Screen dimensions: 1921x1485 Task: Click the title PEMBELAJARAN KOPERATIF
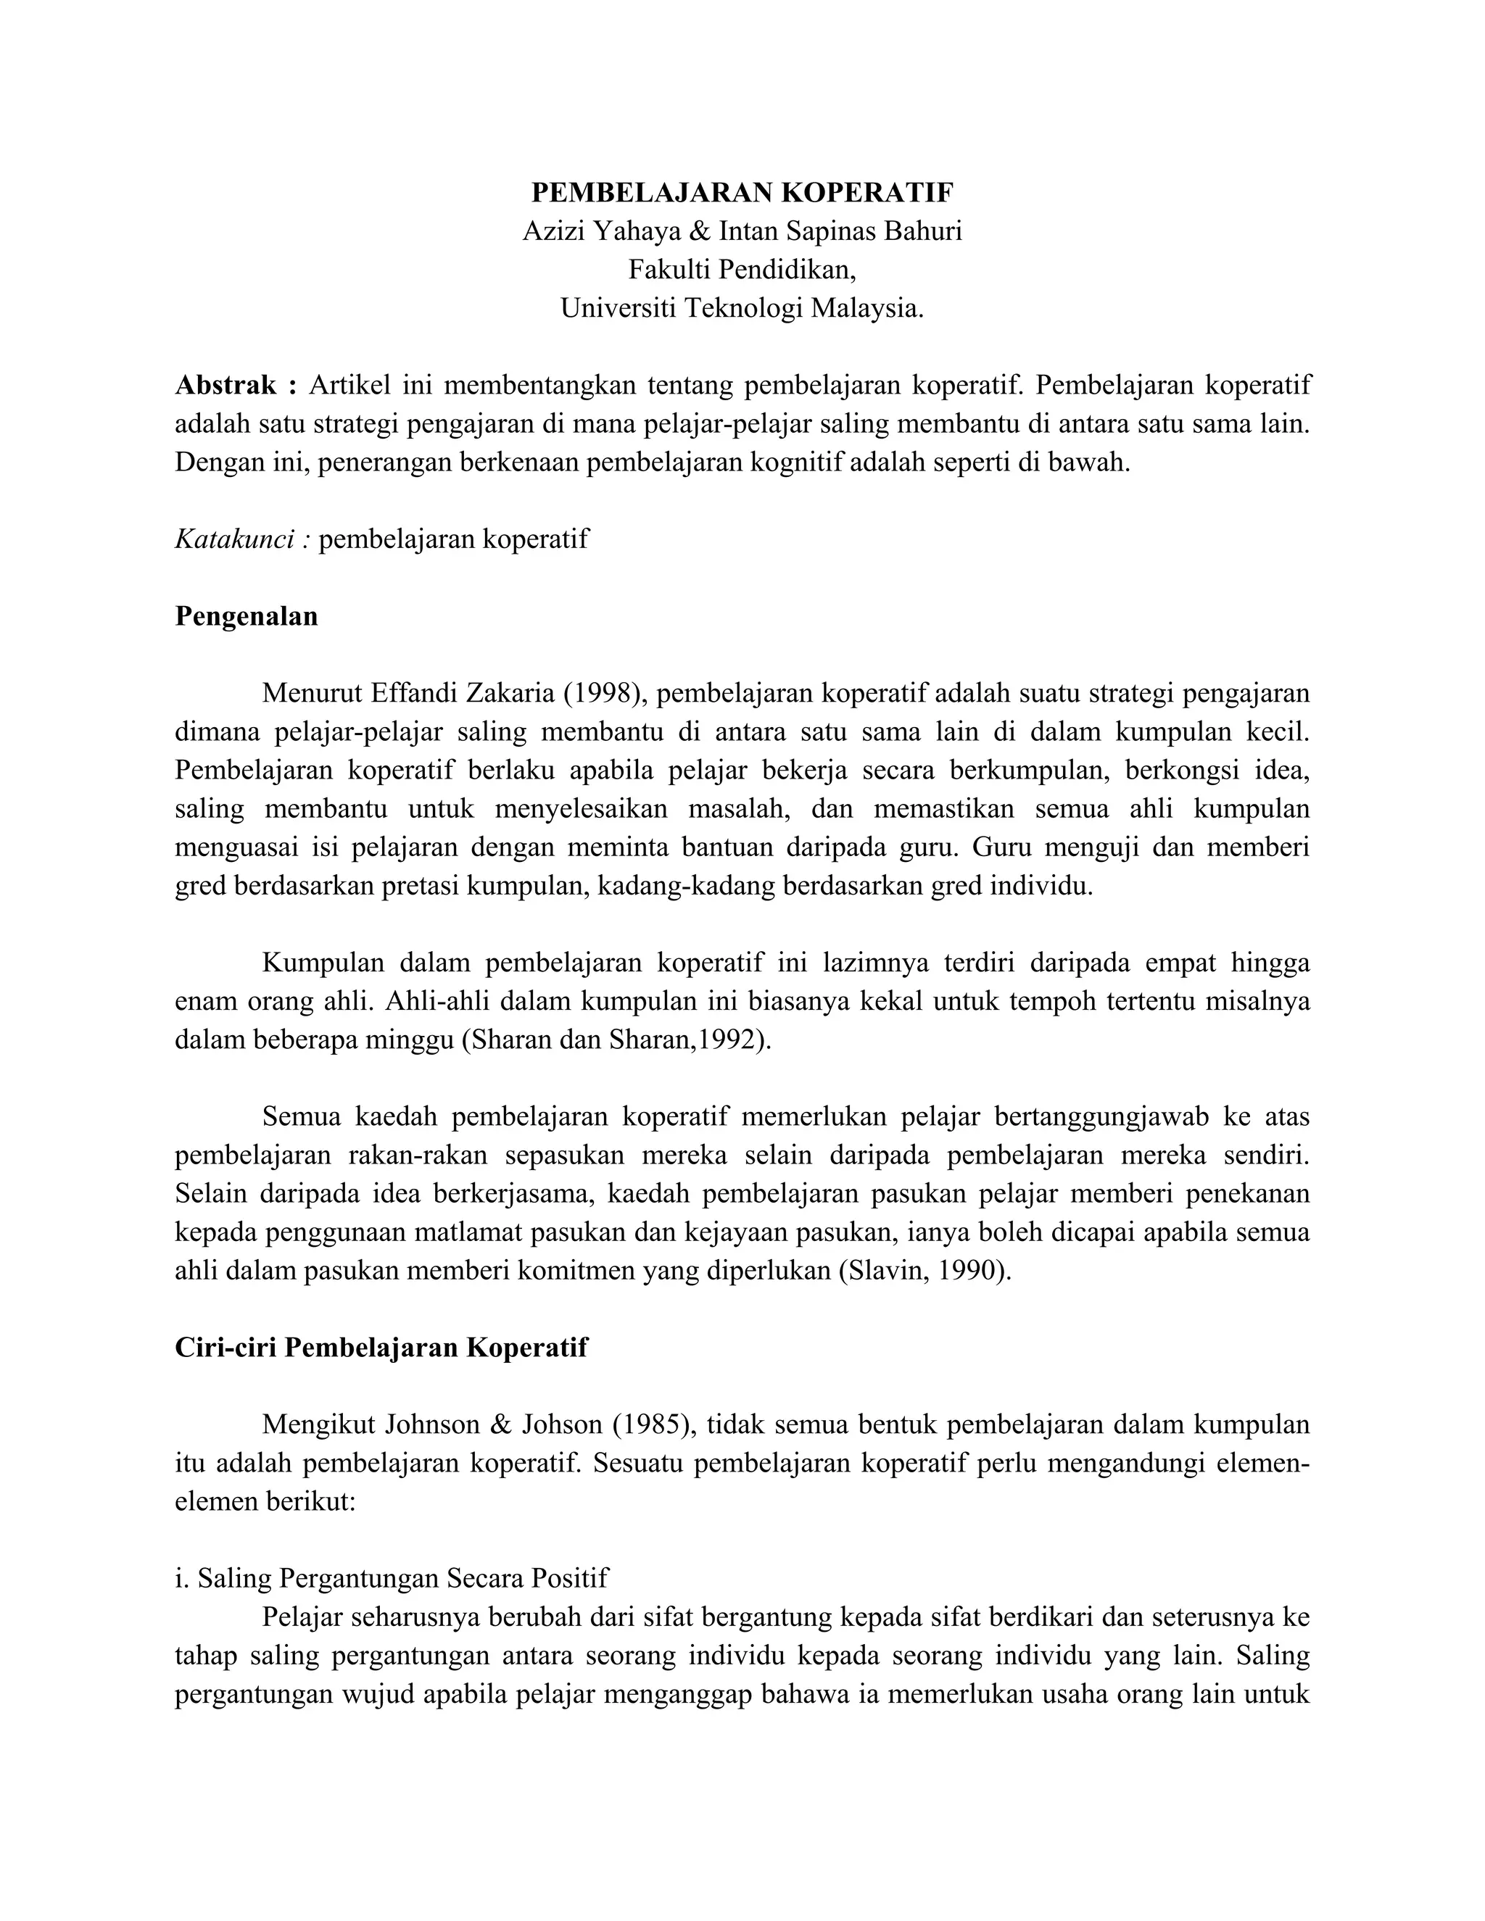pyautogui.click(x=742, y=192)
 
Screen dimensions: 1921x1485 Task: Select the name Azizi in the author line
pyautogui.click(x=553, y=231)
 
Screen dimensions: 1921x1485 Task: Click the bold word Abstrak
pyautogui.click(x=226, y=385)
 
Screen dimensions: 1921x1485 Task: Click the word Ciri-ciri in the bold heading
pyautogui.click(x=226, y=1348)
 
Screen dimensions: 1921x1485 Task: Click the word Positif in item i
pyautogui.click(x=569, y=1579)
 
